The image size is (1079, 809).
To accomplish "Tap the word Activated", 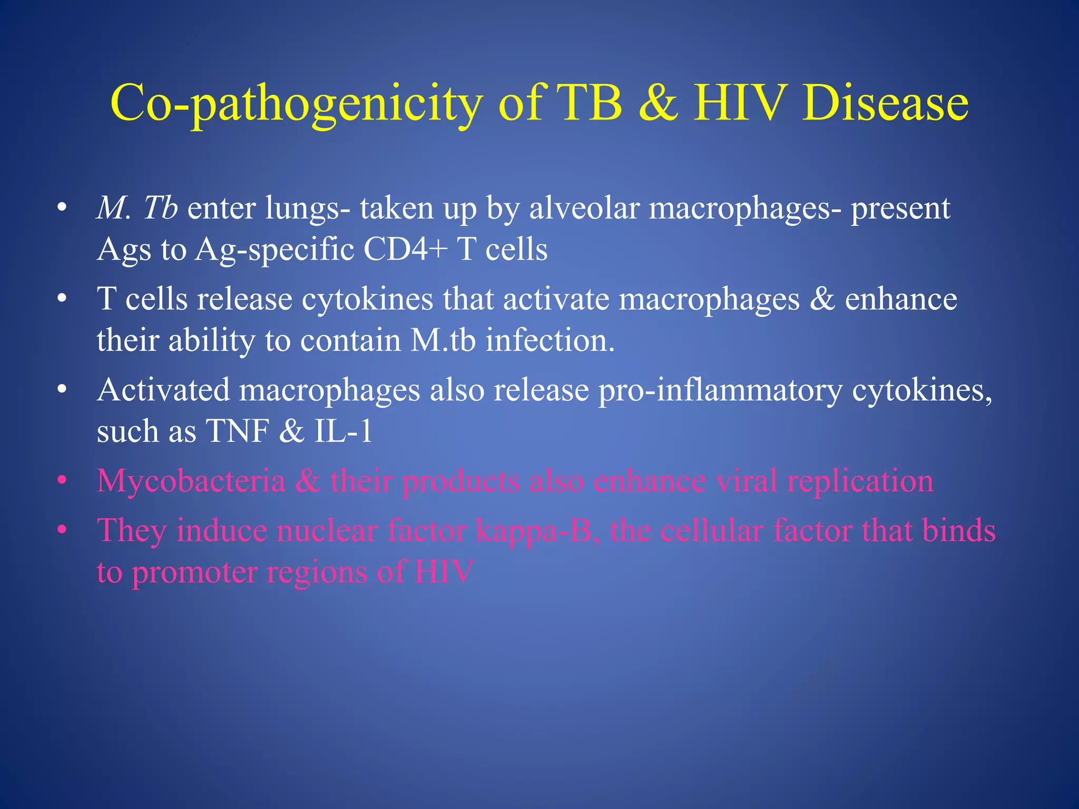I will (x=163, y=390).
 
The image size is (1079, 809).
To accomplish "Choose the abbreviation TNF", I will (x=238, y=431).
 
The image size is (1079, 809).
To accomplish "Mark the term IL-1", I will (x=344, y=431).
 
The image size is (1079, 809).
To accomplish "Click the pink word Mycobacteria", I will (x=191, y=481).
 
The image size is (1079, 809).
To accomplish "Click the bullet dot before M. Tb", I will (x=62, y=209).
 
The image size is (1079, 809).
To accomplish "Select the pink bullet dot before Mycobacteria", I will (x=62, y=481).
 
